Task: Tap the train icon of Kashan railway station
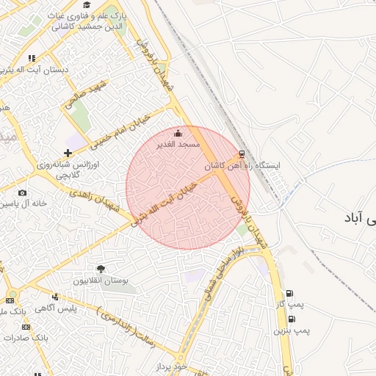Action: coord(241,155)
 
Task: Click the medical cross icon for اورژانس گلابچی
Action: coord(68,153)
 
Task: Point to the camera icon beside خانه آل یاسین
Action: coord(22,192)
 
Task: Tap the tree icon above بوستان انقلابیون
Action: coord(101,270)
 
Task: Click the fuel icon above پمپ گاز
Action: coord(291,293)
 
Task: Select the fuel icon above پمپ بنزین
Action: coord(292,319)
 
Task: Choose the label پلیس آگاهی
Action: coord(77,308)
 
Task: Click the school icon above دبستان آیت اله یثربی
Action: coord(32,58)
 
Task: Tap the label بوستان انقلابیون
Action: coord(101,281)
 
